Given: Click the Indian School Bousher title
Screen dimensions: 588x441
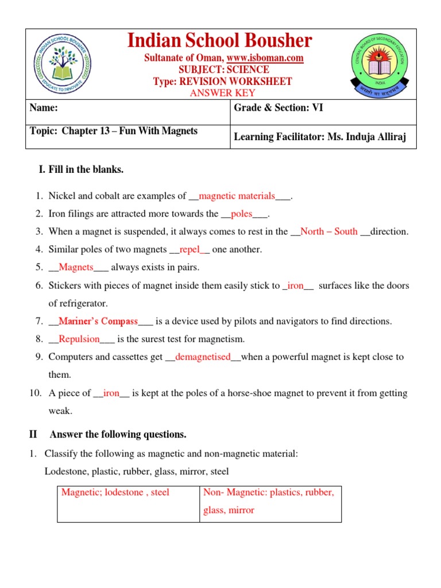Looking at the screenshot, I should pos(219,41).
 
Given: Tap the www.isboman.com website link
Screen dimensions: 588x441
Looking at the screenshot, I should pos(265,58).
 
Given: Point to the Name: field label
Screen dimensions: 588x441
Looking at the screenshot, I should pos(44,107).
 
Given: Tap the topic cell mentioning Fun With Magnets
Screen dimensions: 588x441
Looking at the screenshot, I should pos(113,131).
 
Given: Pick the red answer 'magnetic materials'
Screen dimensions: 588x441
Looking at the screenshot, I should pos(237,196).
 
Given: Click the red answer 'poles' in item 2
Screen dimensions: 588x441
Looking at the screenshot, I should pos(241,214).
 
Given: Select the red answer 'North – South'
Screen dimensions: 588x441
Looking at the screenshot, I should pos(329,232).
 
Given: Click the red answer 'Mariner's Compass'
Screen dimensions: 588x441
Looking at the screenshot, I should pos(98,321).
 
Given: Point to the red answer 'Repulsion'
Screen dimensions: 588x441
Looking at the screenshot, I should pos(79,339).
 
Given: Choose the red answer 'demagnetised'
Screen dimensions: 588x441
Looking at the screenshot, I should pos(203,357).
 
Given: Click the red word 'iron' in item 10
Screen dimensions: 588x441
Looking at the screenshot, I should pos(111,393).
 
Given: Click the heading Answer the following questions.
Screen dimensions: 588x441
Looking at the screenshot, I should pos(118,434).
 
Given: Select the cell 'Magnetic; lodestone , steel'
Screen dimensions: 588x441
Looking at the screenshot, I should pos(115,493).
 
